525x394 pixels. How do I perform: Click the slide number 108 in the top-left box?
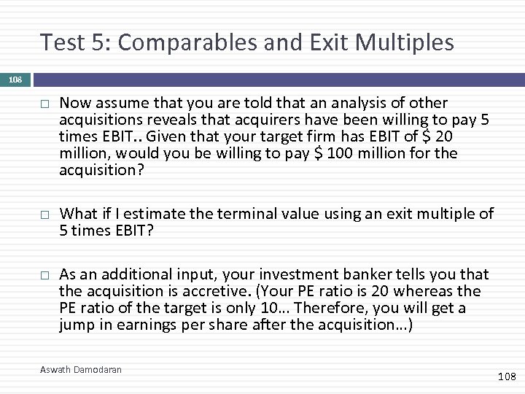pos(15,80)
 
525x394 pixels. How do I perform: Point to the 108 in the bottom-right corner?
pos(506,376)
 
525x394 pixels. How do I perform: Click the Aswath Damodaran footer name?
pos(81,370)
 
